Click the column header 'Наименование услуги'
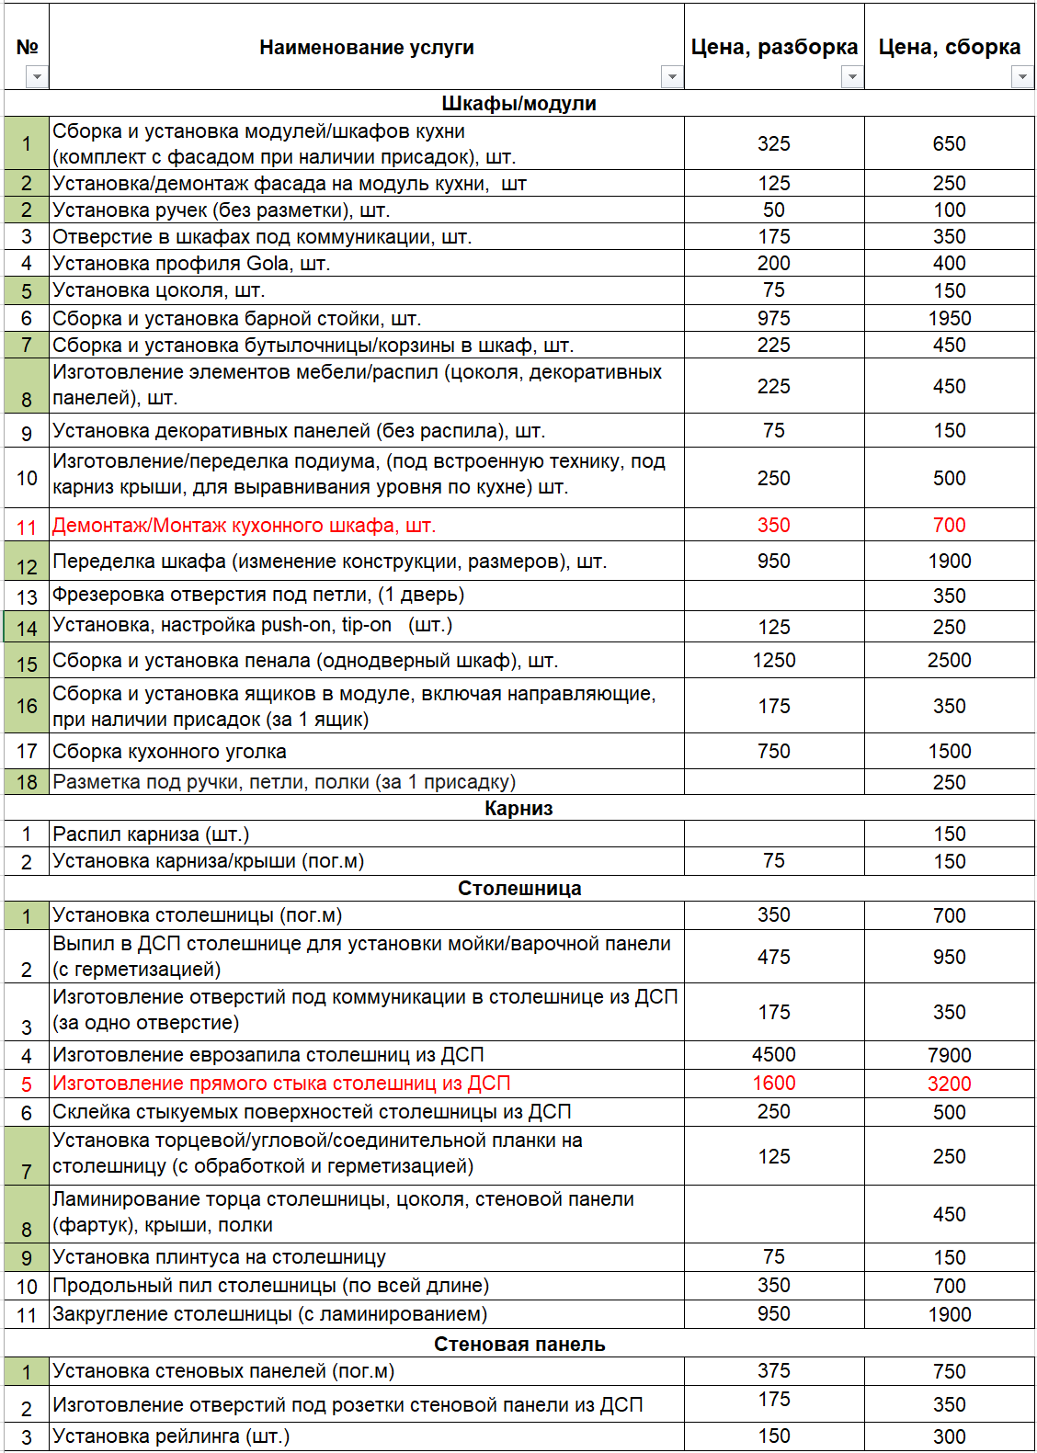click(366, 47)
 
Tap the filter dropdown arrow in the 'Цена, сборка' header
click(1021, 77)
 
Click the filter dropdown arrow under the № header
click(36, 77)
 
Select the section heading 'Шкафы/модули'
click(518, 103)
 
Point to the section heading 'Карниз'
click(518, 808)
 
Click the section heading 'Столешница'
click(518, 888)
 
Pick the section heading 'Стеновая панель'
click(518, 1344)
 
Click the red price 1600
click(773, 1083)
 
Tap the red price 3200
click(949, 1084)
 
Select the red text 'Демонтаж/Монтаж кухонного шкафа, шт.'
click(244, 525)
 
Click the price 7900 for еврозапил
click(949, 1055)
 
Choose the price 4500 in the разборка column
click(773, 1054)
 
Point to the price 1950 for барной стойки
click(949, 318)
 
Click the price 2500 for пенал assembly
click(949, 660)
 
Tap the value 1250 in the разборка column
click(773, 660)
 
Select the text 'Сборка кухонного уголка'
click(169, 751)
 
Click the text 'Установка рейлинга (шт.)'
click(171, 1436)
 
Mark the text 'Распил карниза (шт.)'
click(151, 834)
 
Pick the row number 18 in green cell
click(27, 782)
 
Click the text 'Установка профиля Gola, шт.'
click(191, 264)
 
